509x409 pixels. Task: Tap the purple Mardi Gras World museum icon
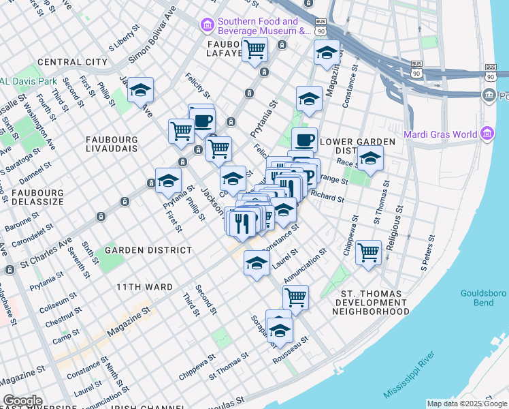(x=487, y=134)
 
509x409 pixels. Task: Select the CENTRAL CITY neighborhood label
(x=73, y=62)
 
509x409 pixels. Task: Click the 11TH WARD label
(x=144, y=287)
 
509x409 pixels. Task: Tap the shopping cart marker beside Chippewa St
(x=368, y=253)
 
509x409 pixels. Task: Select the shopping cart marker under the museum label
(x=255, y=50)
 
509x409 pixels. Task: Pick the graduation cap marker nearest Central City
(x=141, y=90)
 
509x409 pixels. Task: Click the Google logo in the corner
(x=22, y=401)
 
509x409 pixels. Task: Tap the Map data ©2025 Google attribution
(x=467, y=404)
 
